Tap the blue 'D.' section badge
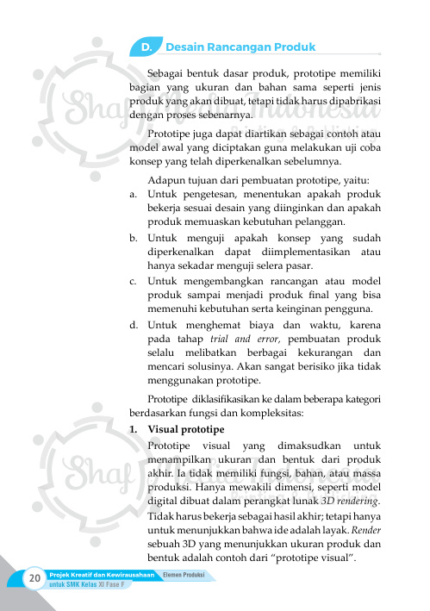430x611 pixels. (147, 47)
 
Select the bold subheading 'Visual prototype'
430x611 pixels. (186, 428)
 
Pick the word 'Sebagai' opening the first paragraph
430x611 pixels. (166, 72)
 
